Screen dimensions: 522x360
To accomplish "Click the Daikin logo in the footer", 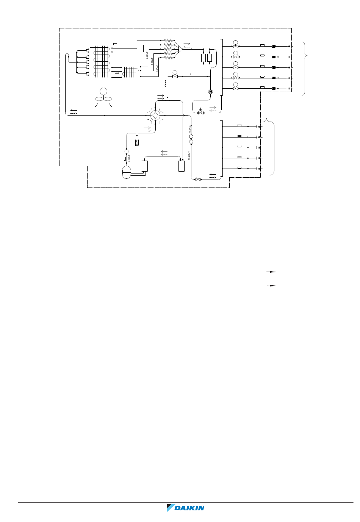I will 186,508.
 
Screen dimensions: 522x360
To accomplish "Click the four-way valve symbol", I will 155,116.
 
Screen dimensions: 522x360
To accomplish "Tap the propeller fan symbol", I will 103,95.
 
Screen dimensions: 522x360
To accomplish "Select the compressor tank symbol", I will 127,172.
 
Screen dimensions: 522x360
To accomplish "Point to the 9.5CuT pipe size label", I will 129,158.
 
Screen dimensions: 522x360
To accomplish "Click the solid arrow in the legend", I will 271,272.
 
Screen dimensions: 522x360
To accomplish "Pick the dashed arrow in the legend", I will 271,286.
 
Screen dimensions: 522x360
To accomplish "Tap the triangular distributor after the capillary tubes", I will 180,49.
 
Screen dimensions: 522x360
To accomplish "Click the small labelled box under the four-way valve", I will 137,142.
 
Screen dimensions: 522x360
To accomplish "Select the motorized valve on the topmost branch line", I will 236,45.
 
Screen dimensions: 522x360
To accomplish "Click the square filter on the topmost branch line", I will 273,46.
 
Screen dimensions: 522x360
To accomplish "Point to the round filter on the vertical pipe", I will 211,92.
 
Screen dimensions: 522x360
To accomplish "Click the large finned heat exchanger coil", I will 102,61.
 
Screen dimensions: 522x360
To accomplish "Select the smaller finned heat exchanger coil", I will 131,72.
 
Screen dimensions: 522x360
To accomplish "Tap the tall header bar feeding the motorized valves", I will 221,67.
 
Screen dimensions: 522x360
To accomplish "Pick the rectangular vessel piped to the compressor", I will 144,166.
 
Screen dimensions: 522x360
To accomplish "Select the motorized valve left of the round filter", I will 175,75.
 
